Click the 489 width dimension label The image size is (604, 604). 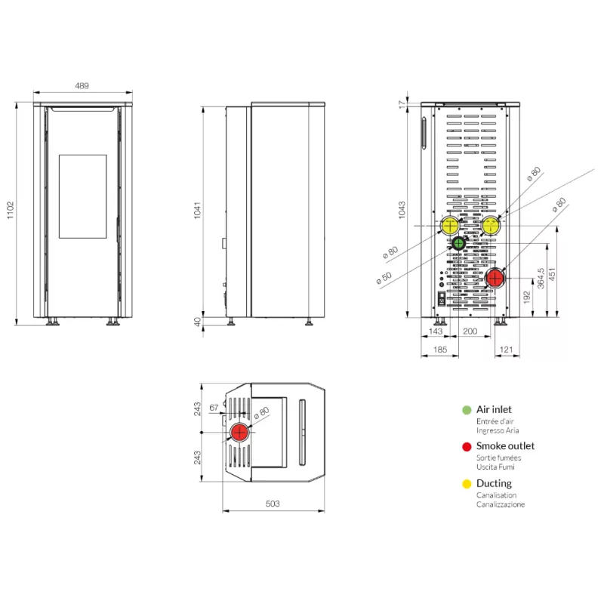coord(82,85)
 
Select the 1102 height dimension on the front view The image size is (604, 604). coord(11,211)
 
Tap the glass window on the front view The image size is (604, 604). coord(83,196)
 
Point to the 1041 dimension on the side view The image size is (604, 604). coord(197,211)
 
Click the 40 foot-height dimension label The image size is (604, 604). coord(197,322)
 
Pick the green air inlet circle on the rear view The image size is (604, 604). coord(458,243)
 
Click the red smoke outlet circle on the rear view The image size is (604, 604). coord(495,278)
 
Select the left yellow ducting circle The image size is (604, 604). coord(450,226)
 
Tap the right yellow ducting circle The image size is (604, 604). coord(492,226)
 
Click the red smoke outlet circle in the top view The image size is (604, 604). coord(239,432)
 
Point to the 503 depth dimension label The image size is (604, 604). coord(273,504)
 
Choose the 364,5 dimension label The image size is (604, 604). coord(541,278)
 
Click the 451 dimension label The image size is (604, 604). coord(552,274)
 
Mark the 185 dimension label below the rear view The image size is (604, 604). coord(440,350)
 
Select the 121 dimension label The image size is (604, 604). coord(506,350)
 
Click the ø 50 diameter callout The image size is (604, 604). coord(384,278)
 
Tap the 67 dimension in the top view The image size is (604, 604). coord(214,408)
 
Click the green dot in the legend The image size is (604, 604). coord(467,410)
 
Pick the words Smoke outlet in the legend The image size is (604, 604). coord(505,446)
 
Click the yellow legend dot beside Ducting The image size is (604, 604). coord(467,484)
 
